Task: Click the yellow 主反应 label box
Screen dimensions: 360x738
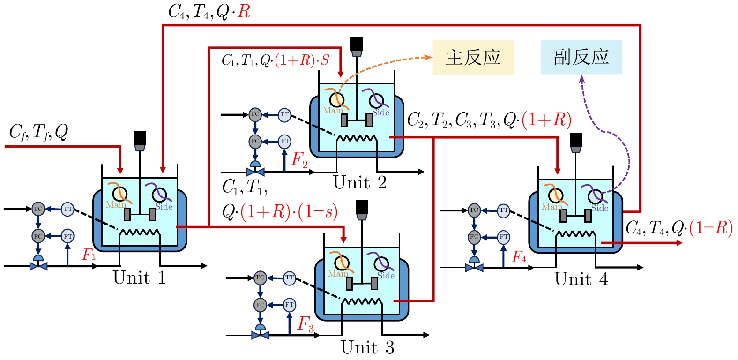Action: click(x=473, y=57)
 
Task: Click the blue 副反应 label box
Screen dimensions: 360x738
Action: click(x=581, y=57)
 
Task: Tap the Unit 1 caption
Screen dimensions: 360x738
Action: click(x=140, y=277)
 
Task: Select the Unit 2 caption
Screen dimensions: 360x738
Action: click(x=360, y=182)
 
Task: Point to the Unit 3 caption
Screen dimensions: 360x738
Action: click(x=367, y=347)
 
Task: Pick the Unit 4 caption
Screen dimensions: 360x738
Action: click(x=581, y=279)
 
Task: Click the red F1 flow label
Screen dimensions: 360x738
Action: click(x=89, y=255)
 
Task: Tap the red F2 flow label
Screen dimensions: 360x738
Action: click(x=299, y=160)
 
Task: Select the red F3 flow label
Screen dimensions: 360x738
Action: click(x=306, y=324)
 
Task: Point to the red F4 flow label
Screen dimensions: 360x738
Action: click(x=519, y=257)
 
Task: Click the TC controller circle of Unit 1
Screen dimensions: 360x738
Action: click(x=38, y=209)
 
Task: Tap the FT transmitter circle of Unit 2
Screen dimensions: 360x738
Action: click(x=285, y=141)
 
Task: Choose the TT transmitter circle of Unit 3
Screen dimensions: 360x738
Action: click(x=290, y=277)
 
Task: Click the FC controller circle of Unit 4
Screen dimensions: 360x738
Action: click(x=474, y=237)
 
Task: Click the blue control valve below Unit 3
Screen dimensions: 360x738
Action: click(x=260, y=335)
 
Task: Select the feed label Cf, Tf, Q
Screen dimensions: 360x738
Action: click(x=38, y=133)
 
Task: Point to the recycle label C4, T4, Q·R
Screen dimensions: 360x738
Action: click(x=209, y=12)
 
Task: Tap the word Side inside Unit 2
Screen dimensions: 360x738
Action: click(x=381, y=112)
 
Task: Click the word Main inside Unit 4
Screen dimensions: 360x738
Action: click(x=552, y=207)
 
